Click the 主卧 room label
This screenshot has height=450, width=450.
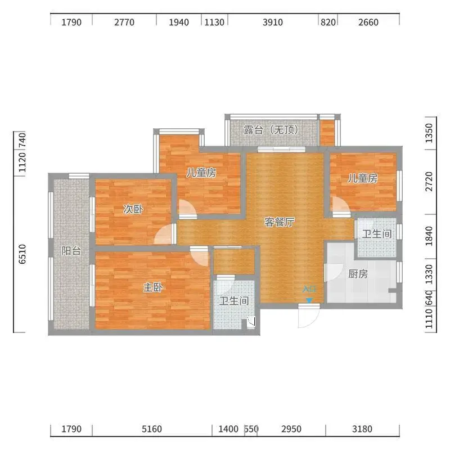[x=153, y=287]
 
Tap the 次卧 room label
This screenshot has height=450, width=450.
[x=133, y=209]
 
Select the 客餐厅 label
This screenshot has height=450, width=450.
[x=280, y=222]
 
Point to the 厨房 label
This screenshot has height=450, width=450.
[x=358, y=274]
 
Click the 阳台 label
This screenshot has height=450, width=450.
[x=71, y=251]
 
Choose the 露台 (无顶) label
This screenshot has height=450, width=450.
[x=271, y=130]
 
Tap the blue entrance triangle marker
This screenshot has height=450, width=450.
[x=309, y=300]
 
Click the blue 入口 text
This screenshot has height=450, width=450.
[x=309, y=289]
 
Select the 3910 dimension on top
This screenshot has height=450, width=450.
[x=273, y=22]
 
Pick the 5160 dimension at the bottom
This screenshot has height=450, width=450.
[x=152, y=429]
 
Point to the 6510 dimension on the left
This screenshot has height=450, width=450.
[x=22, y=254]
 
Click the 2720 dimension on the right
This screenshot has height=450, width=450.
[x=429, y=181]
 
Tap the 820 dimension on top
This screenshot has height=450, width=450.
[x=328, y=22]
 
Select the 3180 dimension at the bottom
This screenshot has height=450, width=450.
[x=362, y=429]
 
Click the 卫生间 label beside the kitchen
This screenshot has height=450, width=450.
[x=377, y=234]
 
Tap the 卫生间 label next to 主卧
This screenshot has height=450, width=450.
[x=234, y=301]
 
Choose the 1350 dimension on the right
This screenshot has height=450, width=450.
[x=429, y=133]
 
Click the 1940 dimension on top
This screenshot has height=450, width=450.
[x=179, y=22]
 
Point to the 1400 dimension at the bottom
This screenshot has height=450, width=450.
[x=228, y=429]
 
